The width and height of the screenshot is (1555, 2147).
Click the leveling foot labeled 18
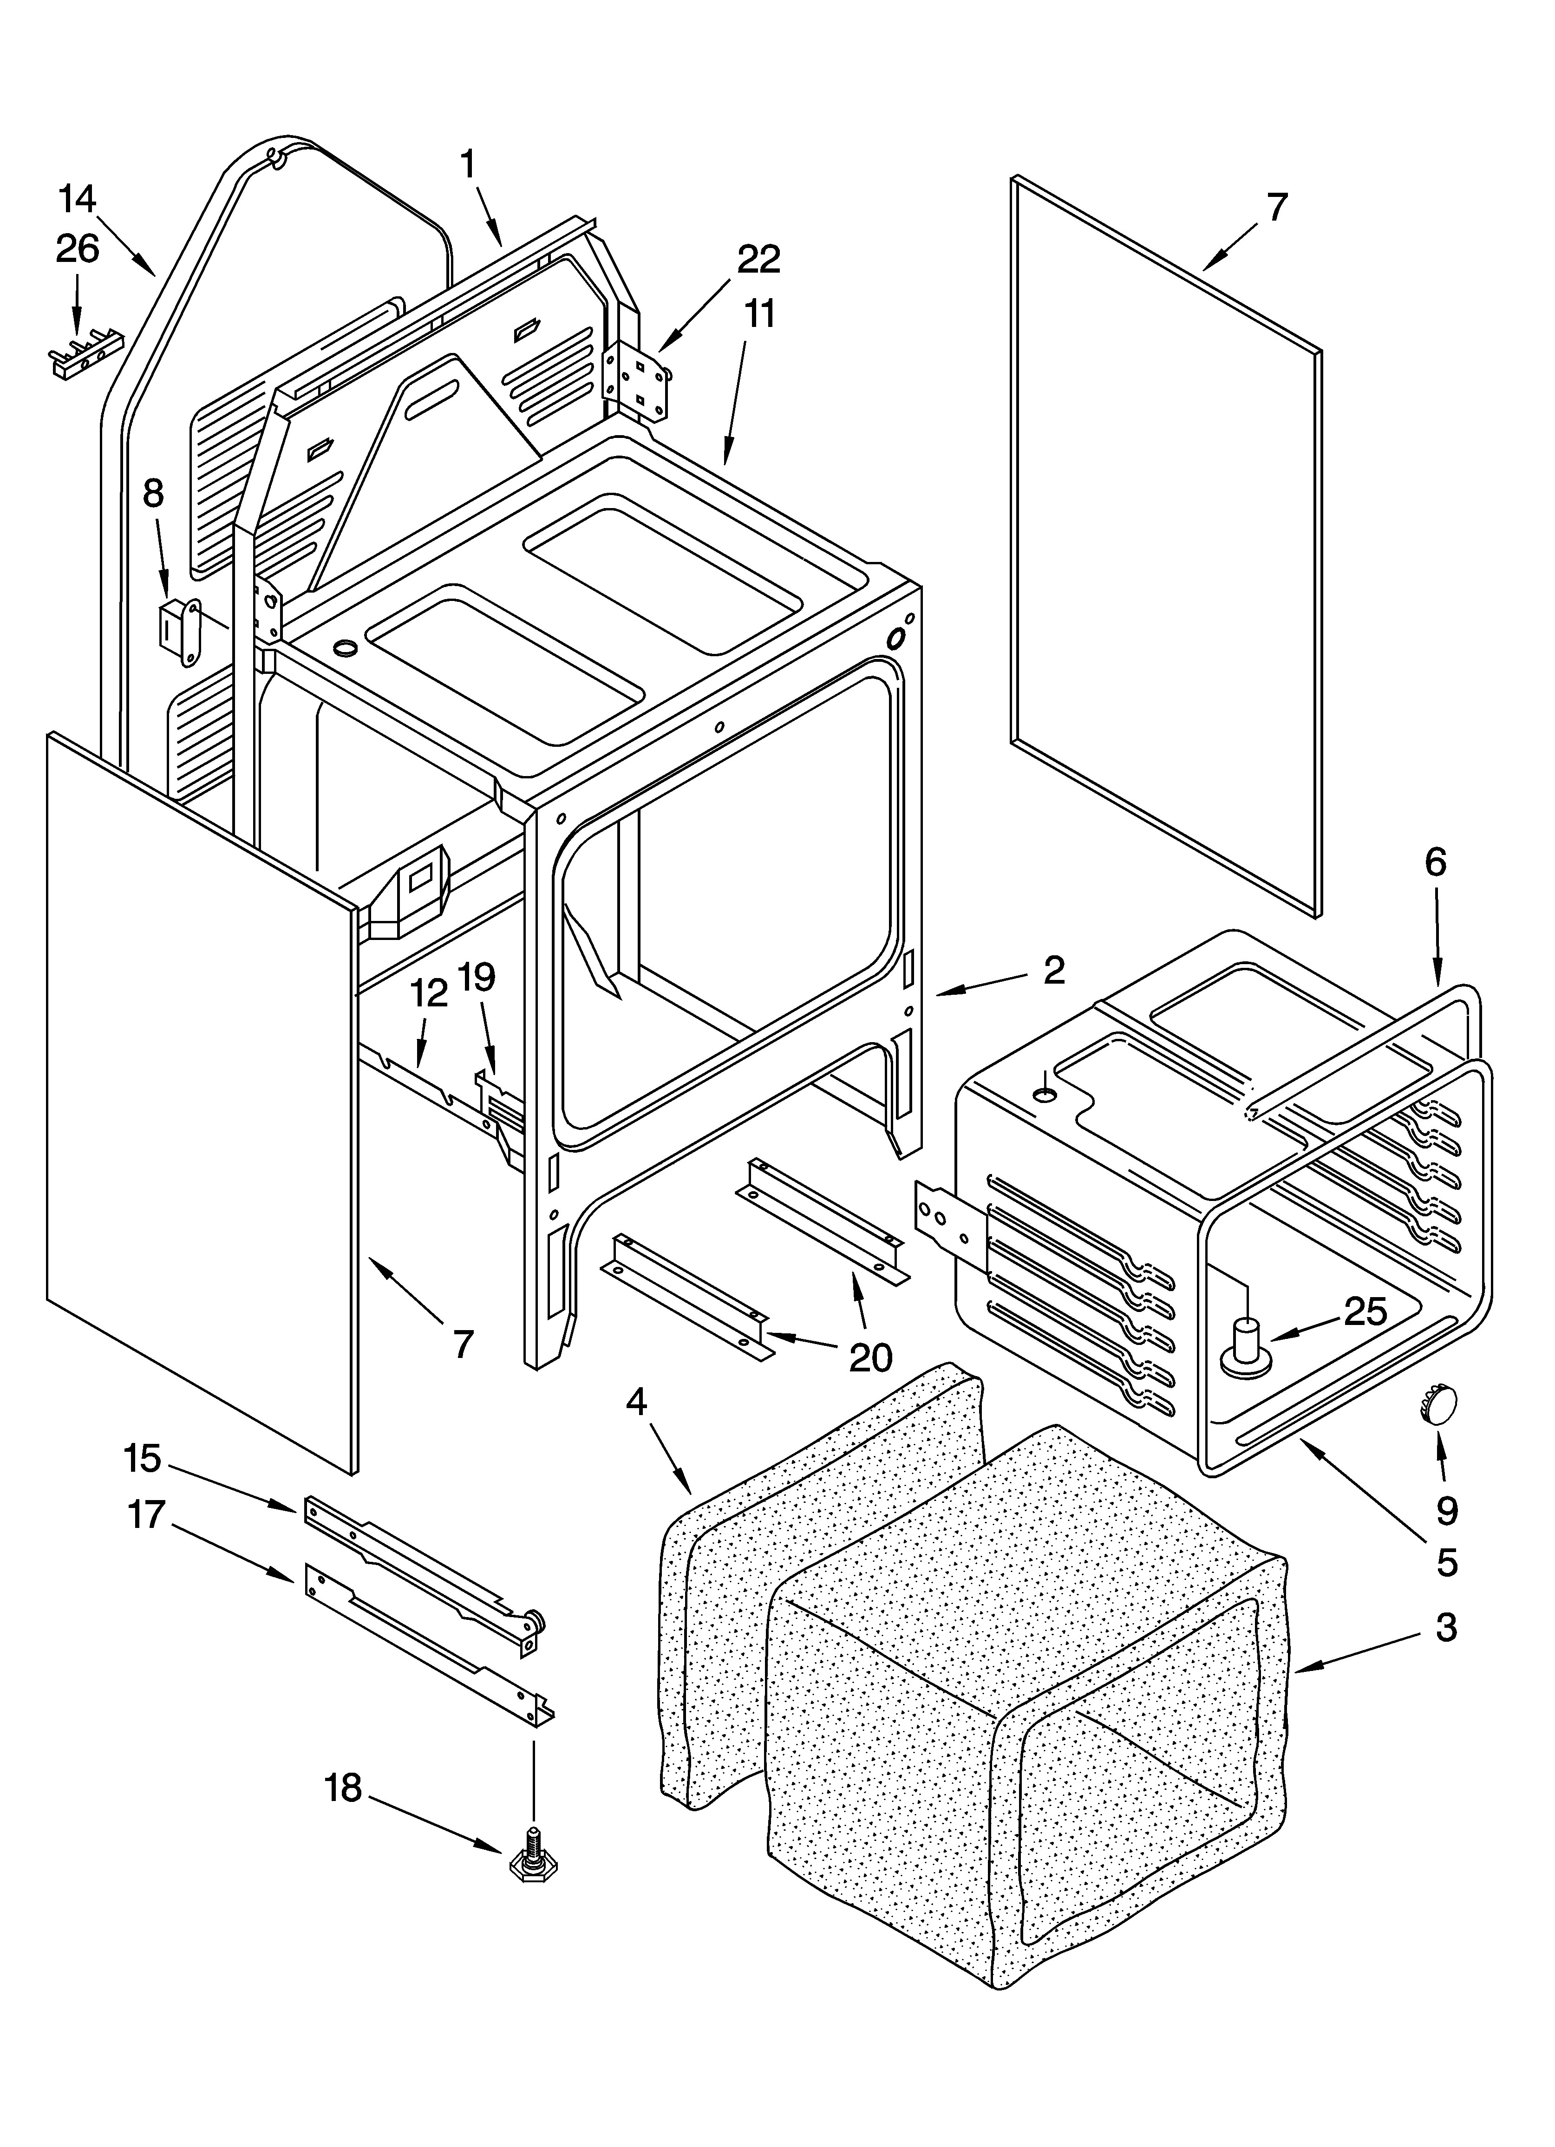click(x=533, y=1863)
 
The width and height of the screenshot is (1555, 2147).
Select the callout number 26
click(x=78, y=249)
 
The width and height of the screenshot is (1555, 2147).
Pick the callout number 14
click(x=78, y=200)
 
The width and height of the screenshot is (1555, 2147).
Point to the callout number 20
click(x=870, y=1357)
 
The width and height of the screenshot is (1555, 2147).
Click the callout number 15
click(x=142, y=1459)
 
